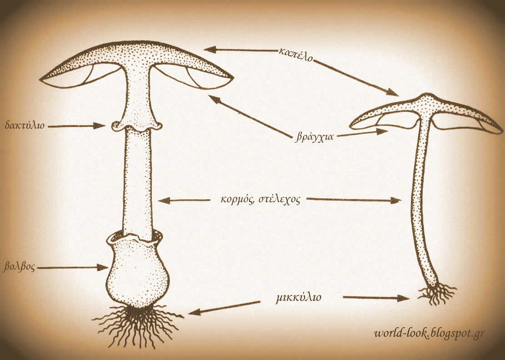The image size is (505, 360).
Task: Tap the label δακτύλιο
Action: [25, 125]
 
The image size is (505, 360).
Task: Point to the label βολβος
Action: [19, 266]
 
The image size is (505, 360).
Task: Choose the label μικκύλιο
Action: [299, 298]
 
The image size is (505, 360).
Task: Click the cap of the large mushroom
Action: [136, 57]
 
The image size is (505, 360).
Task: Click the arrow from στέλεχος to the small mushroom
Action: [355, 199]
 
